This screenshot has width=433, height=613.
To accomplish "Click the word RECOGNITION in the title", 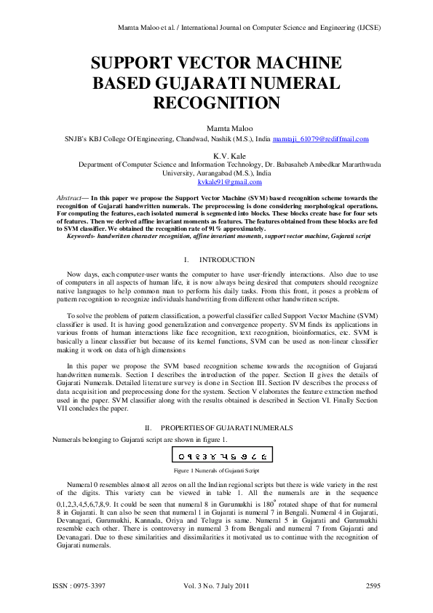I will [216, 103].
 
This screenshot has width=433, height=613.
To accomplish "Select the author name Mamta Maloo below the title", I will [216, 127].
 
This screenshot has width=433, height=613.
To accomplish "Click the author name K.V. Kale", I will [216, 155].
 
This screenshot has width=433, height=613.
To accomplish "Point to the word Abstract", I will [69, 197].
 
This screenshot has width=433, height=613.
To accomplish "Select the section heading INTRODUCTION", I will [226, 259].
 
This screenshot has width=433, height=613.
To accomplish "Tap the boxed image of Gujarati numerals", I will [217, 456].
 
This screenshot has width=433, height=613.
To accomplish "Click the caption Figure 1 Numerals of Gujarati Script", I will [216, 471].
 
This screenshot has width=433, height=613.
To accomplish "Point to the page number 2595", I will [373, 585].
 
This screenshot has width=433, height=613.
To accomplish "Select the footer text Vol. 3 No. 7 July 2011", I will [216, 585].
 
